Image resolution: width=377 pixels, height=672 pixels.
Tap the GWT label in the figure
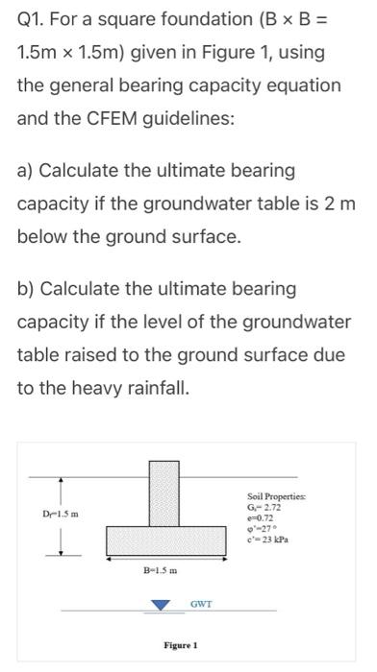[x=201, y=605]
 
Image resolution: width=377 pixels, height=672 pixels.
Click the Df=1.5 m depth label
[x=37, y=513]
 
